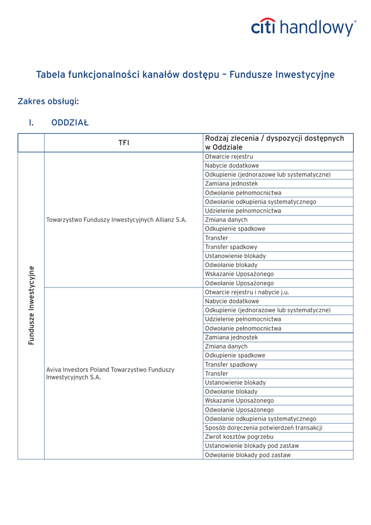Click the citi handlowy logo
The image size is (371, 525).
303,27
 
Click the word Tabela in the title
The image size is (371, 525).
51,75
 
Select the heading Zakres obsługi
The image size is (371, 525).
48,102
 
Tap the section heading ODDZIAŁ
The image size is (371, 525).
70,123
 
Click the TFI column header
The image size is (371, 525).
123,143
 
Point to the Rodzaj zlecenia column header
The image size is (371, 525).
274,143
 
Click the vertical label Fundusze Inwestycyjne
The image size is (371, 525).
31,305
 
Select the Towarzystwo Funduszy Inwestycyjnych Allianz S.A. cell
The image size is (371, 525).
116,220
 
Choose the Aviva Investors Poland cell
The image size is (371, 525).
110,373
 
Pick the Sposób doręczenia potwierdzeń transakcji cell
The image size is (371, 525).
264,428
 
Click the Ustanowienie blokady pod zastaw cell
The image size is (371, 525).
252,446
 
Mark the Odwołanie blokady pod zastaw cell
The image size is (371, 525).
248,455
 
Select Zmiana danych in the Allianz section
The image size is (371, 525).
226,220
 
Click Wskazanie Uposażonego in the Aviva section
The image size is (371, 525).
239,400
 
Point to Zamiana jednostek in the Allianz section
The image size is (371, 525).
231,184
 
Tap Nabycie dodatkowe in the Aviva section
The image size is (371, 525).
232,301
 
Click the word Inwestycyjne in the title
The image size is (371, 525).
305,75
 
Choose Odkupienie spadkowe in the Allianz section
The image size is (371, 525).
235,229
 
